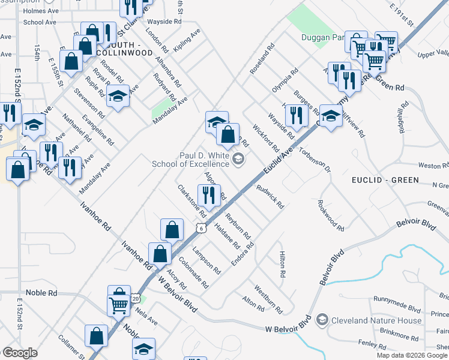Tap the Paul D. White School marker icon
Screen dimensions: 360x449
click(238, 159)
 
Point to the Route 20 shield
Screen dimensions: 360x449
click(136, 298)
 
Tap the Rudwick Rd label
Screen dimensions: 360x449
click(270, 196)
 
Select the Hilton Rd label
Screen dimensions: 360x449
click(282, 264)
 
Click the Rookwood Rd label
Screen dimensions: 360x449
click(331, 216)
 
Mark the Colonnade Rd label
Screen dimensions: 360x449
click(194, 272)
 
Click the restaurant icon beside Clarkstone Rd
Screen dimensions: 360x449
click(209, 194)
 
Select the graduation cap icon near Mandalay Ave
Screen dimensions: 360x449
click(118, 95)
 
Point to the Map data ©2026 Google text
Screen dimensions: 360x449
click(412, 355)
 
